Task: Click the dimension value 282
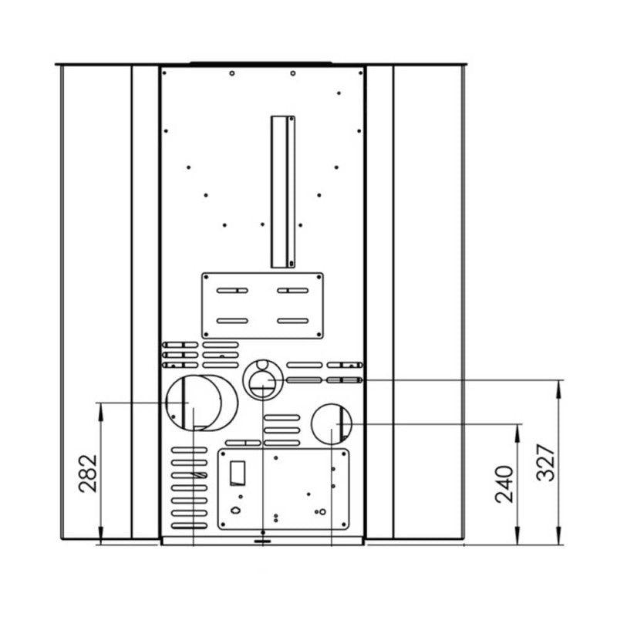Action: click(x=88, y=472)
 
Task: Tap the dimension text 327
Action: click(x=545, y=462)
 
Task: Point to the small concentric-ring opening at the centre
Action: click(x=262, y=380)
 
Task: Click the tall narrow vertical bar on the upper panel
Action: click(x=283, y=190)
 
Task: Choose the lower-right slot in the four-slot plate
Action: click(x=292, y=320)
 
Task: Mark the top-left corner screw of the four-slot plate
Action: click(x=206, y=276)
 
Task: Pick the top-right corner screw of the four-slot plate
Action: click(x=319, y=276)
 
